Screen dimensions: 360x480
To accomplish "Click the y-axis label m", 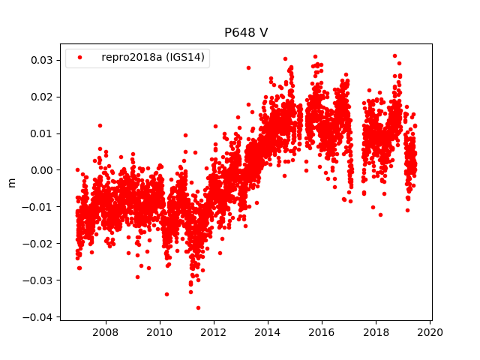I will coord(11,182).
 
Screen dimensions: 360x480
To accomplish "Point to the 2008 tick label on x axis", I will coord(105,332).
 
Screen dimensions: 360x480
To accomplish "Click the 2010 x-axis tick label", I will coord(159,332).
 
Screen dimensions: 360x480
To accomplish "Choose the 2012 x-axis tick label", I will coord(214,332).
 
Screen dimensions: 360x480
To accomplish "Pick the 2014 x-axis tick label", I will coord(268,332).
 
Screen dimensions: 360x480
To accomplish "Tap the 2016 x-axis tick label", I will coord(322,332).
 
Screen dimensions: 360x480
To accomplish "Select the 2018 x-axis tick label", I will coord(376,332).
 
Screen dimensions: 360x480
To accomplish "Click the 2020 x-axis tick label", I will coord(430,332).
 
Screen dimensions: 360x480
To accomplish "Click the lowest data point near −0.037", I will coord(198,307).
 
